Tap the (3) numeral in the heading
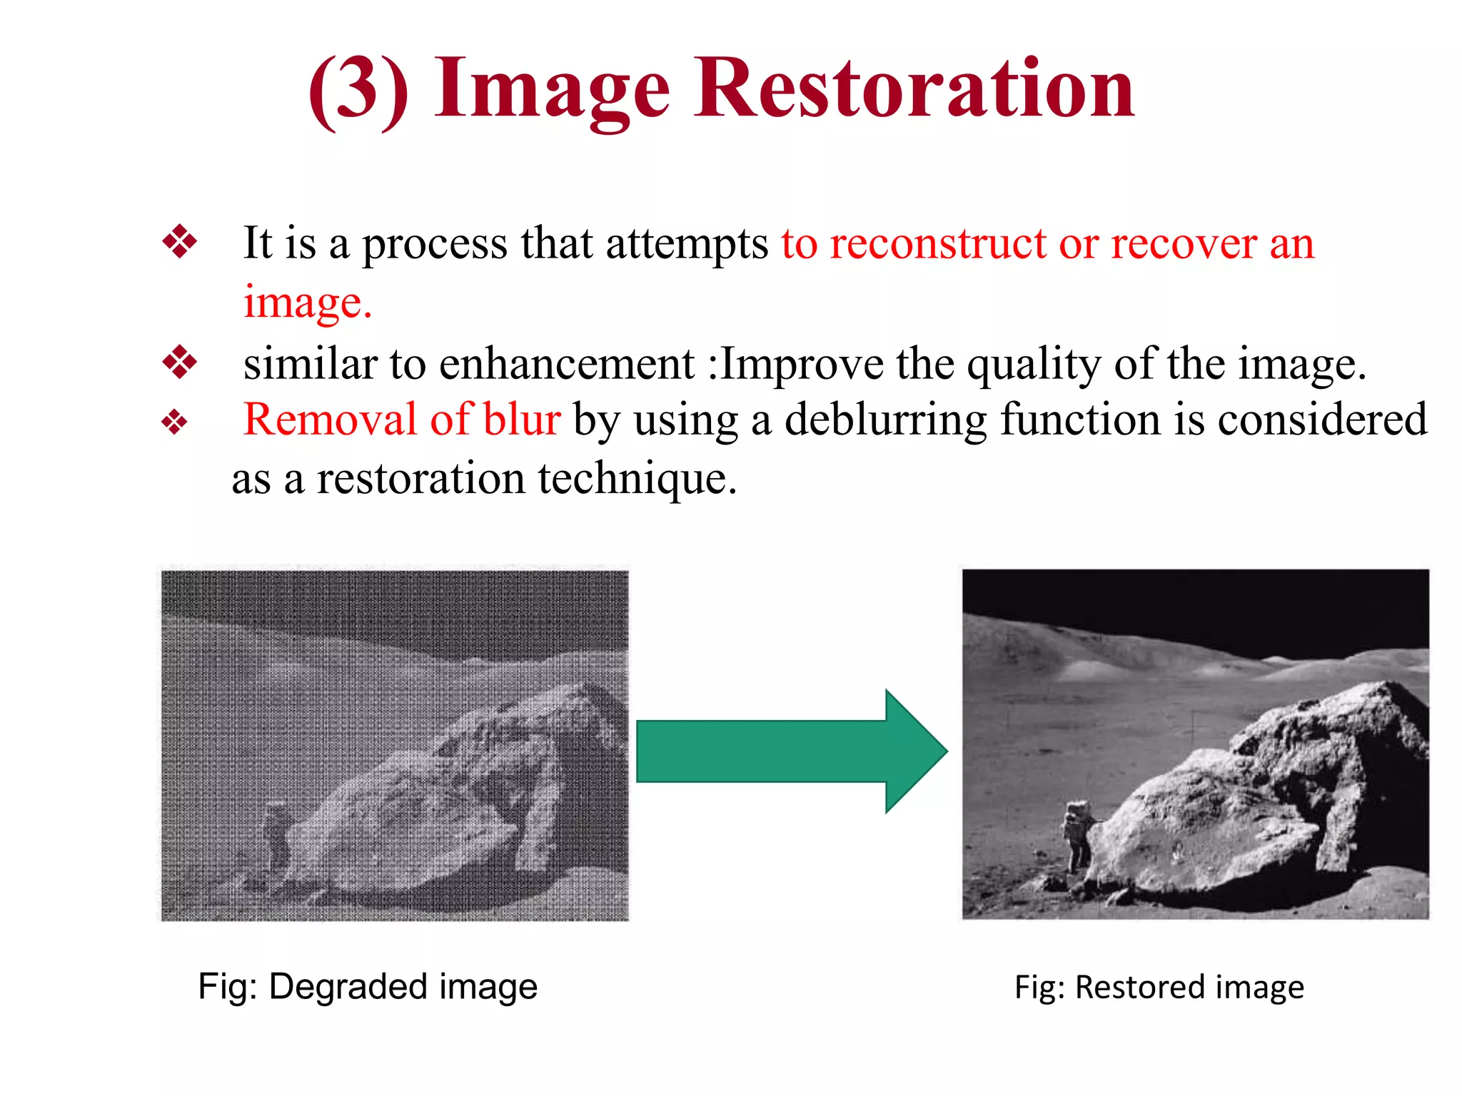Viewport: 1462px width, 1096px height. click(358, 91)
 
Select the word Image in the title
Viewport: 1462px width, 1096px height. click(552, 91)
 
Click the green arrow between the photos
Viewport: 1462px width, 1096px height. click(791, 751)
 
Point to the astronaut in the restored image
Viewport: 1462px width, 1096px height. click(1077, 836)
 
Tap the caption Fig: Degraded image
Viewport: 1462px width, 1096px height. click(368, 987)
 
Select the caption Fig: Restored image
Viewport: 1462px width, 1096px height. click(1159, 988)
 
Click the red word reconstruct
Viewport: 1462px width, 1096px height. click(938, 244)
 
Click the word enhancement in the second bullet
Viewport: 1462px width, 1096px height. click(567, 365)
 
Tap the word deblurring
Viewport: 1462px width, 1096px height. click(885, 420)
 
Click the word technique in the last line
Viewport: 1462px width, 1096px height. click(637, 478)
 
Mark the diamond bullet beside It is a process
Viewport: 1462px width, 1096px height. click(180, 241)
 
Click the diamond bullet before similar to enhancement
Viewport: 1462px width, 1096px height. click(180, 362)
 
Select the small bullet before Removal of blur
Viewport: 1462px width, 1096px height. click(175, 422)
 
